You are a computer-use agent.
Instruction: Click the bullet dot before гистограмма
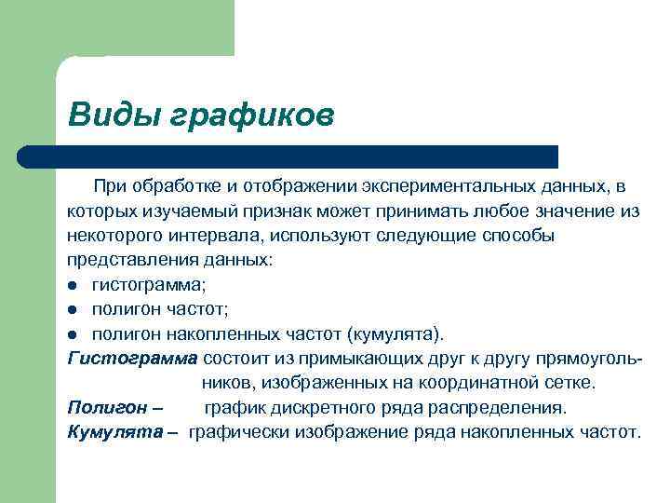pos(73,285)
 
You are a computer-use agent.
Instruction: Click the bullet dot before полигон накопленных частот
pos(73,333)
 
